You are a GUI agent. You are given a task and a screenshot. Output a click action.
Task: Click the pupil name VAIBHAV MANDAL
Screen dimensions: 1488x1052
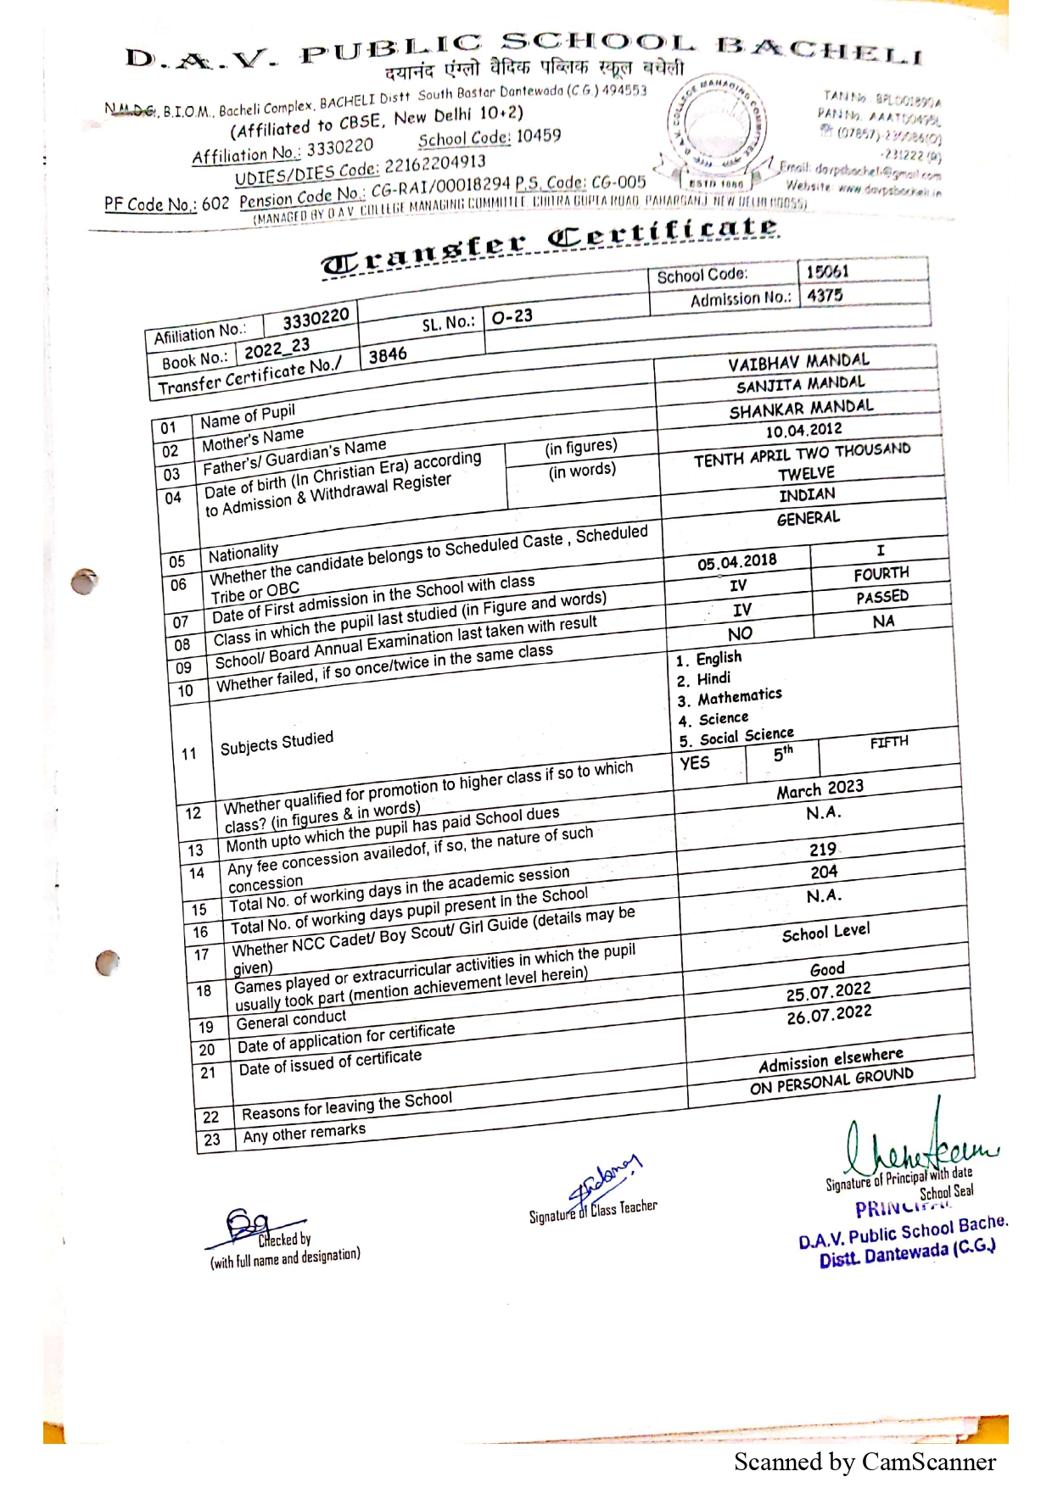coord(798,362)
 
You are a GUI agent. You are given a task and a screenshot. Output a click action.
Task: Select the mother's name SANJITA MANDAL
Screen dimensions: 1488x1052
coord(800,385)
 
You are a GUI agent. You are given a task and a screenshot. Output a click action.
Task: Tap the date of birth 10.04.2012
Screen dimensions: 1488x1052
coord(803,431)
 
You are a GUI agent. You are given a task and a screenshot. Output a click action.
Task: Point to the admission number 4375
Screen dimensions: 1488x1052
coord(825,296)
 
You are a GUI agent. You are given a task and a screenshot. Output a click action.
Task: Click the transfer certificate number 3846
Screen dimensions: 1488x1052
coord(388,355)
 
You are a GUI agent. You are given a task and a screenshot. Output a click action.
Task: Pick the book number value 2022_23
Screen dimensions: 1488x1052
coord(277,348)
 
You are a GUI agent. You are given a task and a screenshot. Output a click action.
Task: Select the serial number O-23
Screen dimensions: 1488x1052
coord(512,316)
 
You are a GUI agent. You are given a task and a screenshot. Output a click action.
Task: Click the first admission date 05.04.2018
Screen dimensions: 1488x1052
coord(736,562)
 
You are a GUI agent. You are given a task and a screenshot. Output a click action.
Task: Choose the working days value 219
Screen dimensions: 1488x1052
coord(822,850)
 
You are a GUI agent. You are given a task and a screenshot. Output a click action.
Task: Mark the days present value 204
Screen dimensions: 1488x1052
coord(824,872)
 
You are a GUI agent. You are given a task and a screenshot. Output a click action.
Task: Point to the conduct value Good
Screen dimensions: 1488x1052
coord(827,969)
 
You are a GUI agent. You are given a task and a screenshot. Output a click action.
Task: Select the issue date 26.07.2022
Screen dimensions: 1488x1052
coord(829,1014)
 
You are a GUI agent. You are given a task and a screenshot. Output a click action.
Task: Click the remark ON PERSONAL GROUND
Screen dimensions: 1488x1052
coord(831,1081)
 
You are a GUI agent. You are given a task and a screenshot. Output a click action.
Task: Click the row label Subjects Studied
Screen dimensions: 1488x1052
coord(277,744)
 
